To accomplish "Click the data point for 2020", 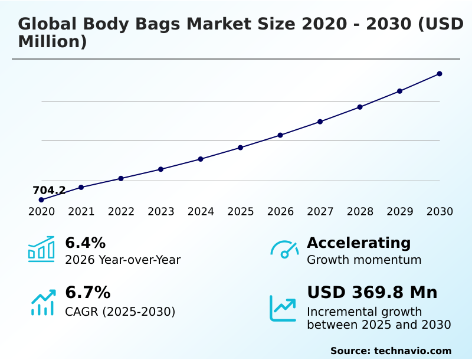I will (x=41, y=200).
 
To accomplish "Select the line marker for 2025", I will (x=241, y=148).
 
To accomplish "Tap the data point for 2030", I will (x=440, y=74).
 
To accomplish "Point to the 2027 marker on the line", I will (x=320, y=122).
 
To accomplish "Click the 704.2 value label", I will (x=49, y=190).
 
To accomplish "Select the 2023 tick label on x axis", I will (x=161, y=212).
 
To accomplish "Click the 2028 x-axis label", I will (x=360, y=212).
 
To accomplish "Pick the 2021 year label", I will (x=81, y=212).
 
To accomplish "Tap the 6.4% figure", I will (x=85, y=243).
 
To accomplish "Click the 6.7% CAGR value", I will (x=87, y=292).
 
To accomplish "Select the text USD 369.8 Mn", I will (x=372, y=292).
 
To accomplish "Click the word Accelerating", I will (x=359, y=243).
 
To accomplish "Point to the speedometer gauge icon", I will (x=284, y=249).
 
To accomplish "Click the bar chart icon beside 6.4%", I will (x=41, y=249).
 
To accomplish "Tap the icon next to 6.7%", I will (x=42, y=302).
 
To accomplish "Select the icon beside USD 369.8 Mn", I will (x=283, y=308).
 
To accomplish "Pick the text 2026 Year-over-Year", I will (x=123, y=260).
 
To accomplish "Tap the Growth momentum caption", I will (x=364, y=260).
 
